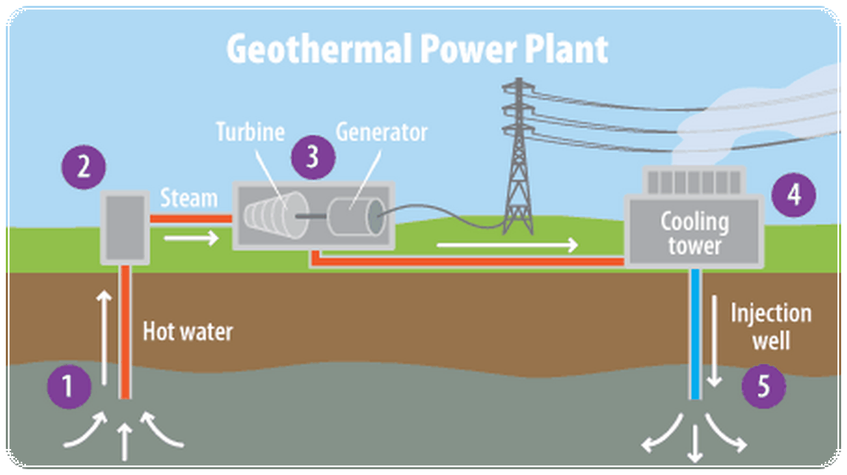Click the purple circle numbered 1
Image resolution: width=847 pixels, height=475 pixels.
click(69, 387)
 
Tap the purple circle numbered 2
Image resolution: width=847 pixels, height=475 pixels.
click(84, 167)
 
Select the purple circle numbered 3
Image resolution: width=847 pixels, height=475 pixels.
click(313, 157)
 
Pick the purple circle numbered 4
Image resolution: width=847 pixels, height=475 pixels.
click(794, 195)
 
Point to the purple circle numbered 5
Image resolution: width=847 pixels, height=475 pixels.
click(763, 386)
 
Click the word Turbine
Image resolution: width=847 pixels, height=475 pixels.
click(250, 132)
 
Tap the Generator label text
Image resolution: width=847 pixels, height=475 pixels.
click(382, 132)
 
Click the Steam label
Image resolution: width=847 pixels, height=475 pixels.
click(189, 198)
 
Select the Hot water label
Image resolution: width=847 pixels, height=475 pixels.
click(187, 332)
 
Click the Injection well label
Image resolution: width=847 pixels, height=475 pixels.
click(771, 327)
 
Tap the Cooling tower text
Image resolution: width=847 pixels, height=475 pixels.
click(695, 233)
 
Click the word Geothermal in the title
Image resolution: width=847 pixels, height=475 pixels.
click(319, 48)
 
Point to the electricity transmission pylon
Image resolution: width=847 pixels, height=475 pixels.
click(518, 156)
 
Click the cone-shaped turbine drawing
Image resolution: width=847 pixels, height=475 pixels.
click(276, 215)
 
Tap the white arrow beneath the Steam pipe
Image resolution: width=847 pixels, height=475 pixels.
click(191, 239)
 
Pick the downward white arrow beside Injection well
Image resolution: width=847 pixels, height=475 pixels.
click(714, 341)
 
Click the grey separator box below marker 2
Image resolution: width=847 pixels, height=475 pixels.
click(125, 227)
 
